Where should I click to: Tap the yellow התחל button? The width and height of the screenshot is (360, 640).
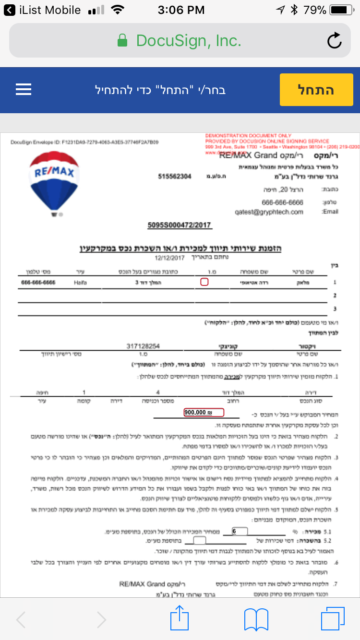(x=316, y=90)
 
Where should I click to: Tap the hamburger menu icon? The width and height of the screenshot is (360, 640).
(x=24, y=89)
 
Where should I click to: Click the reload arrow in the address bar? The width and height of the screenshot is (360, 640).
(x=334, y=41)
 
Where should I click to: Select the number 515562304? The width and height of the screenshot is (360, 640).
(x=175, y=177)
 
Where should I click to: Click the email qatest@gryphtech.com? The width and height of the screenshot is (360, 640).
(x=269, y=212)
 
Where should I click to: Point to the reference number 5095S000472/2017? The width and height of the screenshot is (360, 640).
(x=180, y=225)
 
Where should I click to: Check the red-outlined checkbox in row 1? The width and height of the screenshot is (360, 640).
(x=204, y=282)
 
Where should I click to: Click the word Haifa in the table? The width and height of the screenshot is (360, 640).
(x=81, y=283)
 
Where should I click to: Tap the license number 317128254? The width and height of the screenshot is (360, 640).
(x=143, y=346)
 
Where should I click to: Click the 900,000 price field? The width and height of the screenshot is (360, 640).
(x=204, y=412)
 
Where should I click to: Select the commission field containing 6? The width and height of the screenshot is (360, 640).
(x=239, y=531)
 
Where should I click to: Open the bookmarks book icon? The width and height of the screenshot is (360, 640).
(x=256, y=619)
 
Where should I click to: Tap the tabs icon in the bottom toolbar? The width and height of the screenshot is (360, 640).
(x=333, y=619)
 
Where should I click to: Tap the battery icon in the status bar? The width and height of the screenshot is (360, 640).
(x=342, y=10)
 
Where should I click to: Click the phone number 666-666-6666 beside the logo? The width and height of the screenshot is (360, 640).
(x=283, y=202)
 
